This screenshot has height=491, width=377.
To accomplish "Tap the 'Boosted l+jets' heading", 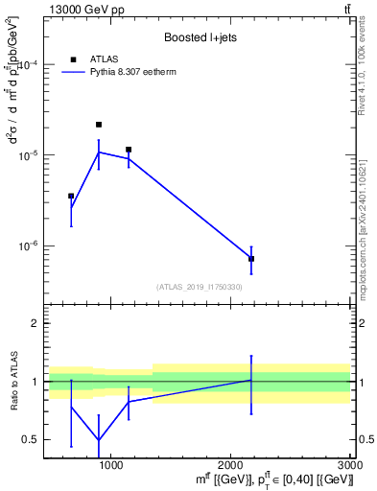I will pyautogui.click(x=199, y=37).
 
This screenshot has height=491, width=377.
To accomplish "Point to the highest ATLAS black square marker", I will pyautogui.click(x=99, y=125).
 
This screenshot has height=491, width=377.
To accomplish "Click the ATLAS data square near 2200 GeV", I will pyautogui.click(x=251, y=259).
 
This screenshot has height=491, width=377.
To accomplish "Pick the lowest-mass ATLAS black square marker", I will pyautogui.click(x=71, y=196).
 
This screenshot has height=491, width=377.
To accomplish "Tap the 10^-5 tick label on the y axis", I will pyautogui.click(x=27, y=155).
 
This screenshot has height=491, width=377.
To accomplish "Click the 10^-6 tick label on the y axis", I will pyautogui.click(x=27, y=245).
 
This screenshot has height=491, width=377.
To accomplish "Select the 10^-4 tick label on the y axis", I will pyautogui.click(x=27, y=65).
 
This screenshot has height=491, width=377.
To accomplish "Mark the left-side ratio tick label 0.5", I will pyautogui.click(x=31, y=439).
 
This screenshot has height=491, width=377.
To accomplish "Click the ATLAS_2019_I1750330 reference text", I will pyautogui.click(x=200, y=287).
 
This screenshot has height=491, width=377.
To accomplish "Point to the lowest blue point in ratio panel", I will pyautogui.click(x=99, y=440).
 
